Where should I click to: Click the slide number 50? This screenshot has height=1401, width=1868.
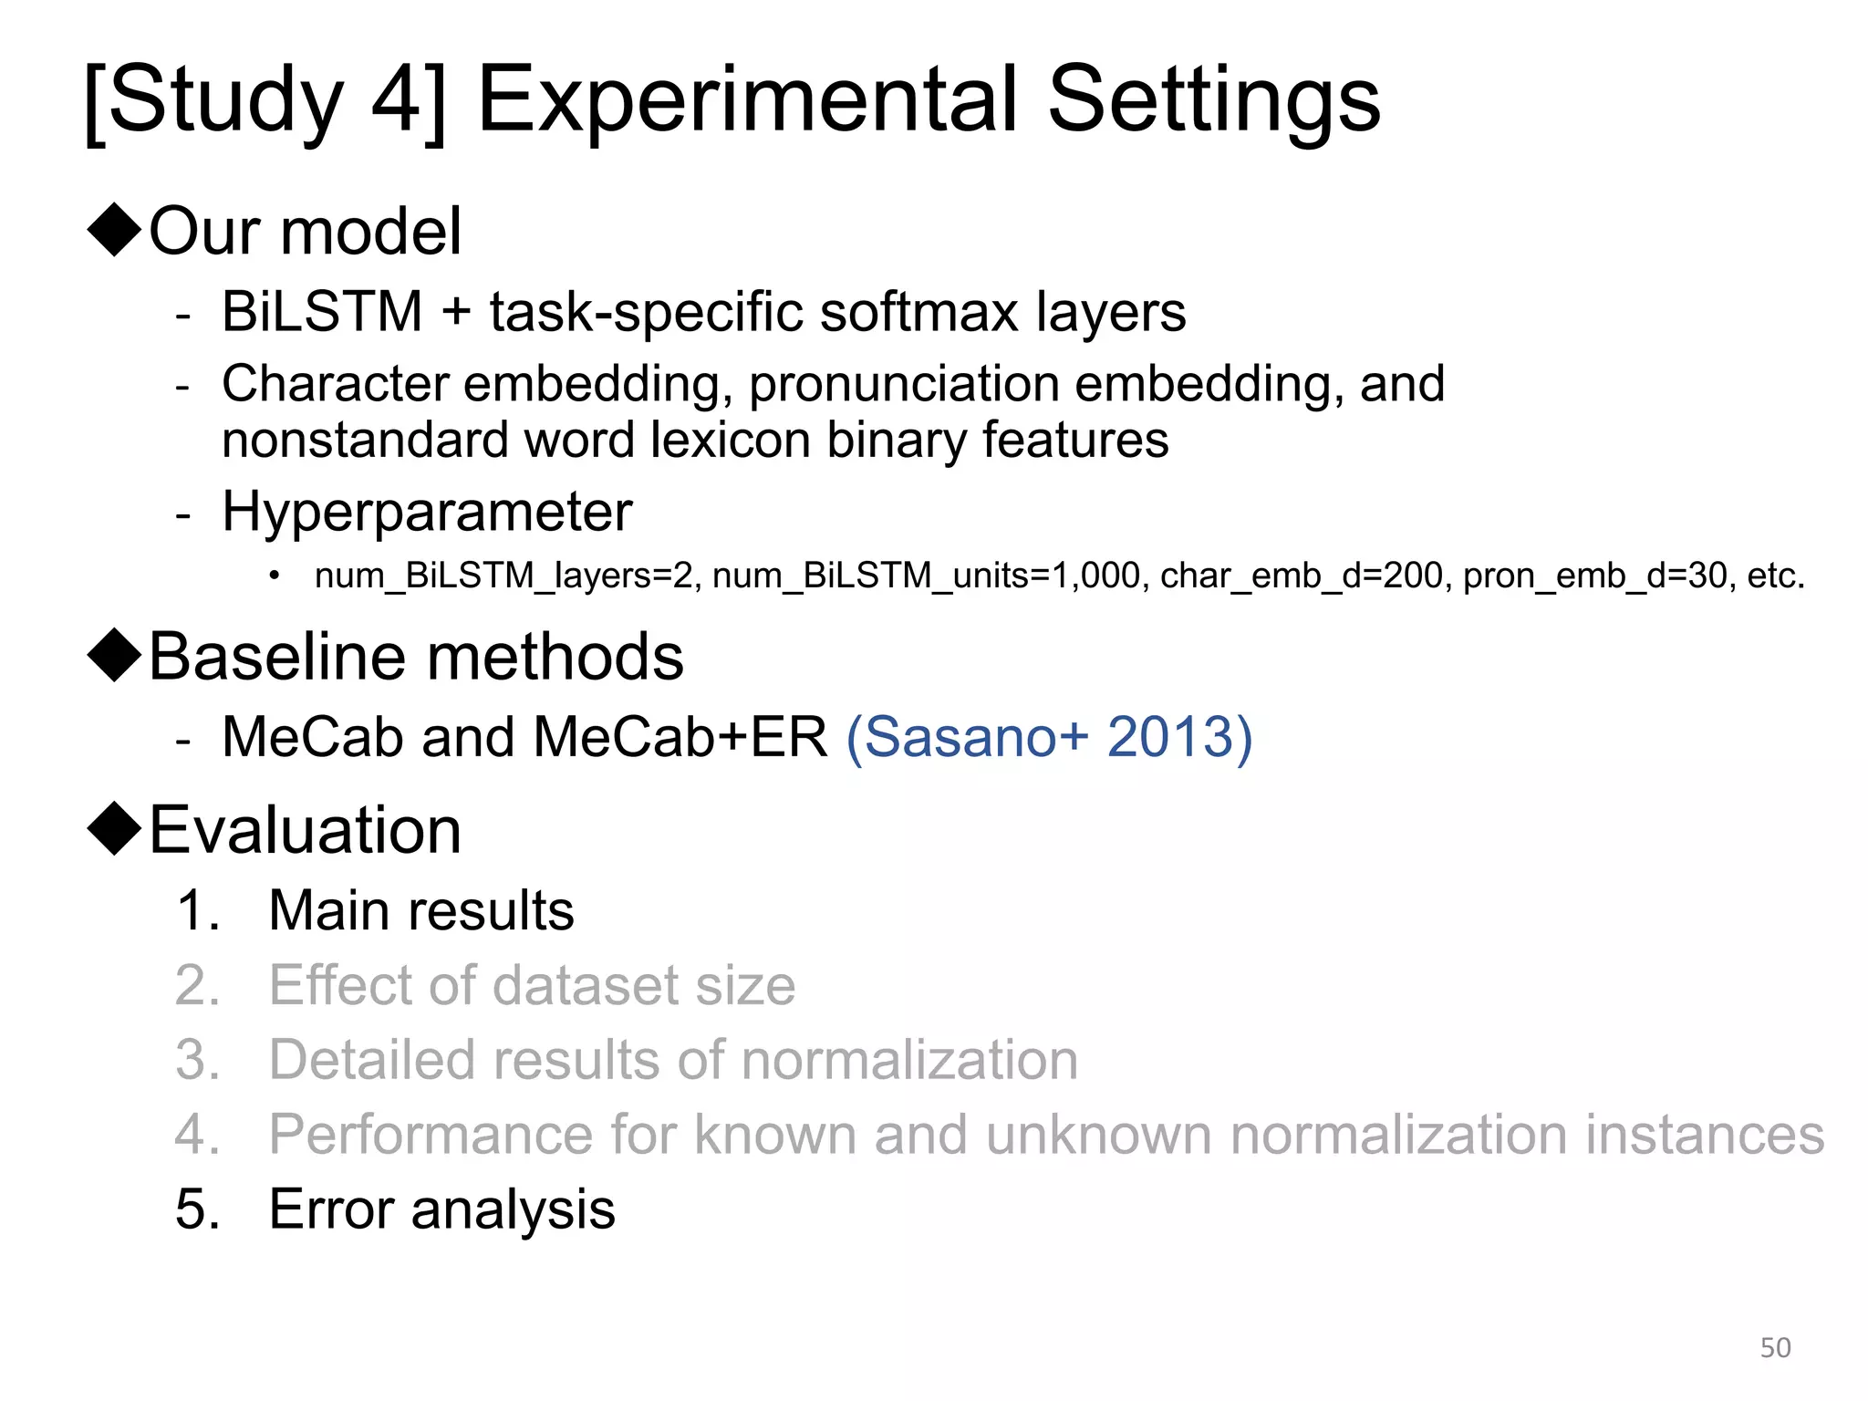click(1775, 1347)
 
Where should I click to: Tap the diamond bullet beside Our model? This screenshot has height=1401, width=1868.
click(114, 230)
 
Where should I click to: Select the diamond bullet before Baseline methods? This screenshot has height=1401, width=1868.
click(114, 655)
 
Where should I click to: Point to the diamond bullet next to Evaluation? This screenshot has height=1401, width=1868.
click(114, 829)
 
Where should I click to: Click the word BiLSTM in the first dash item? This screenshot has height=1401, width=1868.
click(322, 312)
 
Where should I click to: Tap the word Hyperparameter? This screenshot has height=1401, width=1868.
click(427, 511)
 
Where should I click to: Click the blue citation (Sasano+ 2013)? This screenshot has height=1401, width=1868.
click(1049, 737)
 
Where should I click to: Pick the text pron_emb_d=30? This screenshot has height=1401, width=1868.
click(1595, 576)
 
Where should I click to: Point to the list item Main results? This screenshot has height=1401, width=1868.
click(421, 910)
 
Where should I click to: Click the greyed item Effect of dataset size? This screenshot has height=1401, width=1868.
click(532, 985)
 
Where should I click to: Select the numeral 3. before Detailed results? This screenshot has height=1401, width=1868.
click(198, 1060)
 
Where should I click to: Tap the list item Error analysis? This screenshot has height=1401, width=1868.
click(441, 1209)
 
